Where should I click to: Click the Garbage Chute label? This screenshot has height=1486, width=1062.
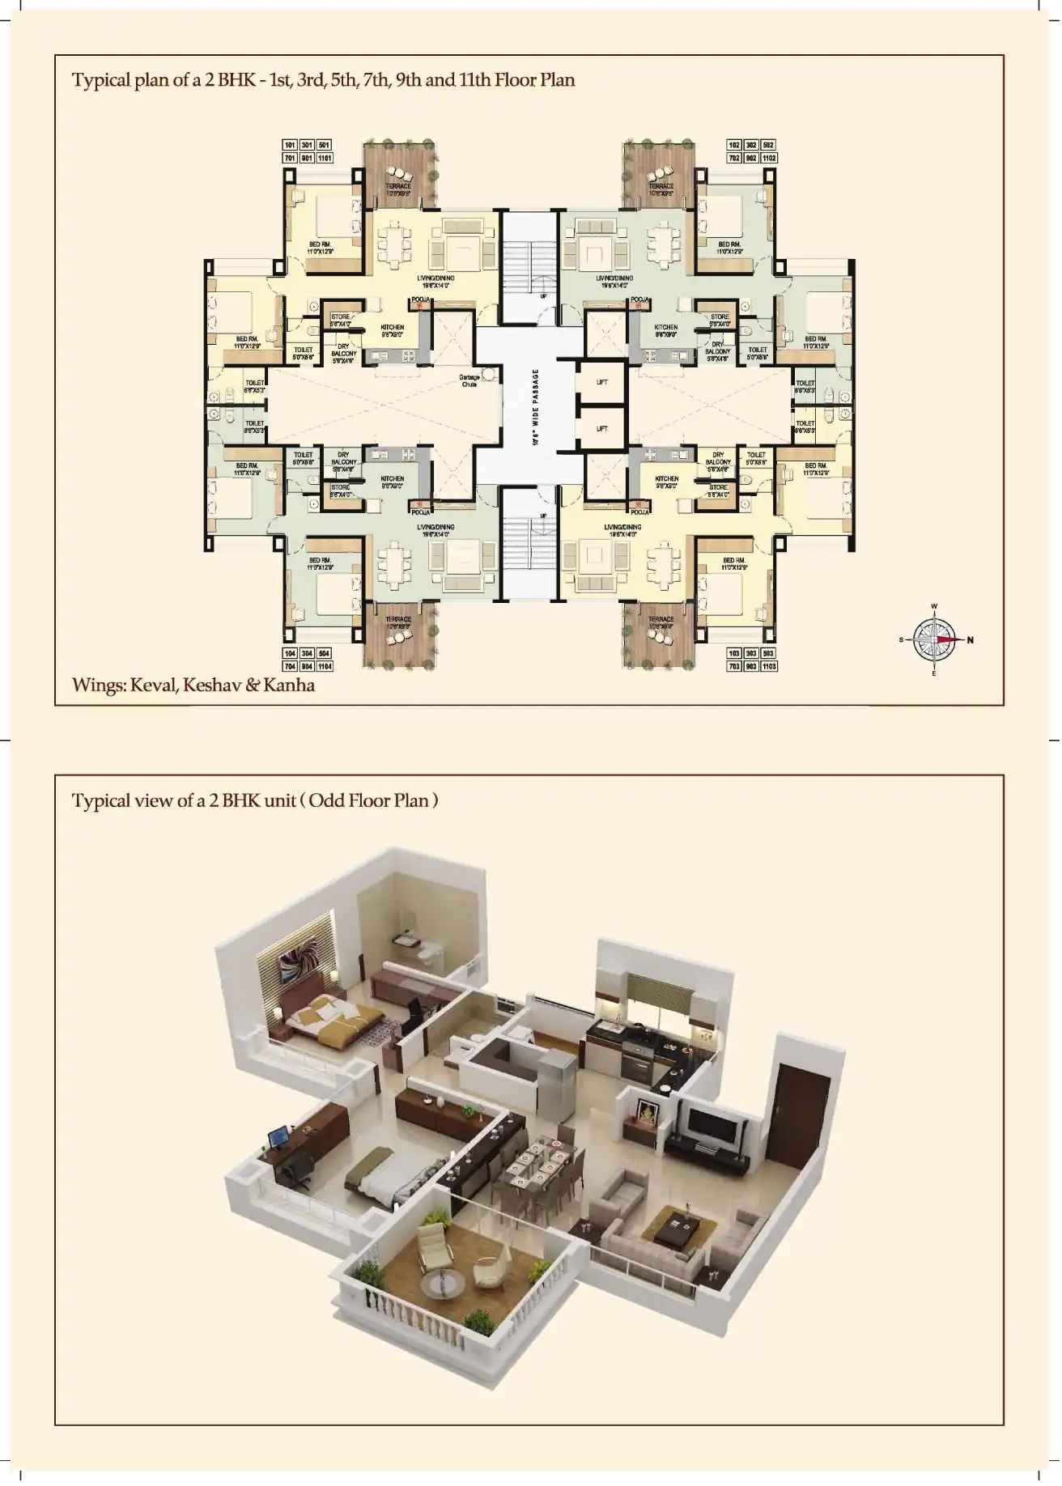coord(469,380)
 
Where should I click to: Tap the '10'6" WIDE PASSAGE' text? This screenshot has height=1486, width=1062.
coord(535,407)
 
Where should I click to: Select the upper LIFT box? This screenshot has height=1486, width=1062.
coord(601,382)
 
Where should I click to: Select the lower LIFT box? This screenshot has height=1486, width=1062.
coord(601,428)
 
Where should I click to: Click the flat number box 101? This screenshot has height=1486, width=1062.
coord(290,145)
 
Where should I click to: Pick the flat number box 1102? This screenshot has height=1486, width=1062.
coord(769,158)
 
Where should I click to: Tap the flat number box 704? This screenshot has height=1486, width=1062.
coord(290,666)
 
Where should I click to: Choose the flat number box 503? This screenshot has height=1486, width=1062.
coord(769,653)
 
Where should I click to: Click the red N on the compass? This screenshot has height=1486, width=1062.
coord(971,640)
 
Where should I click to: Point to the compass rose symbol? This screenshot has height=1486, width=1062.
coord(935,639)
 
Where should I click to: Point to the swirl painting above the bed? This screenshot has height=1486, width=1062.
coord(290,968)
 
